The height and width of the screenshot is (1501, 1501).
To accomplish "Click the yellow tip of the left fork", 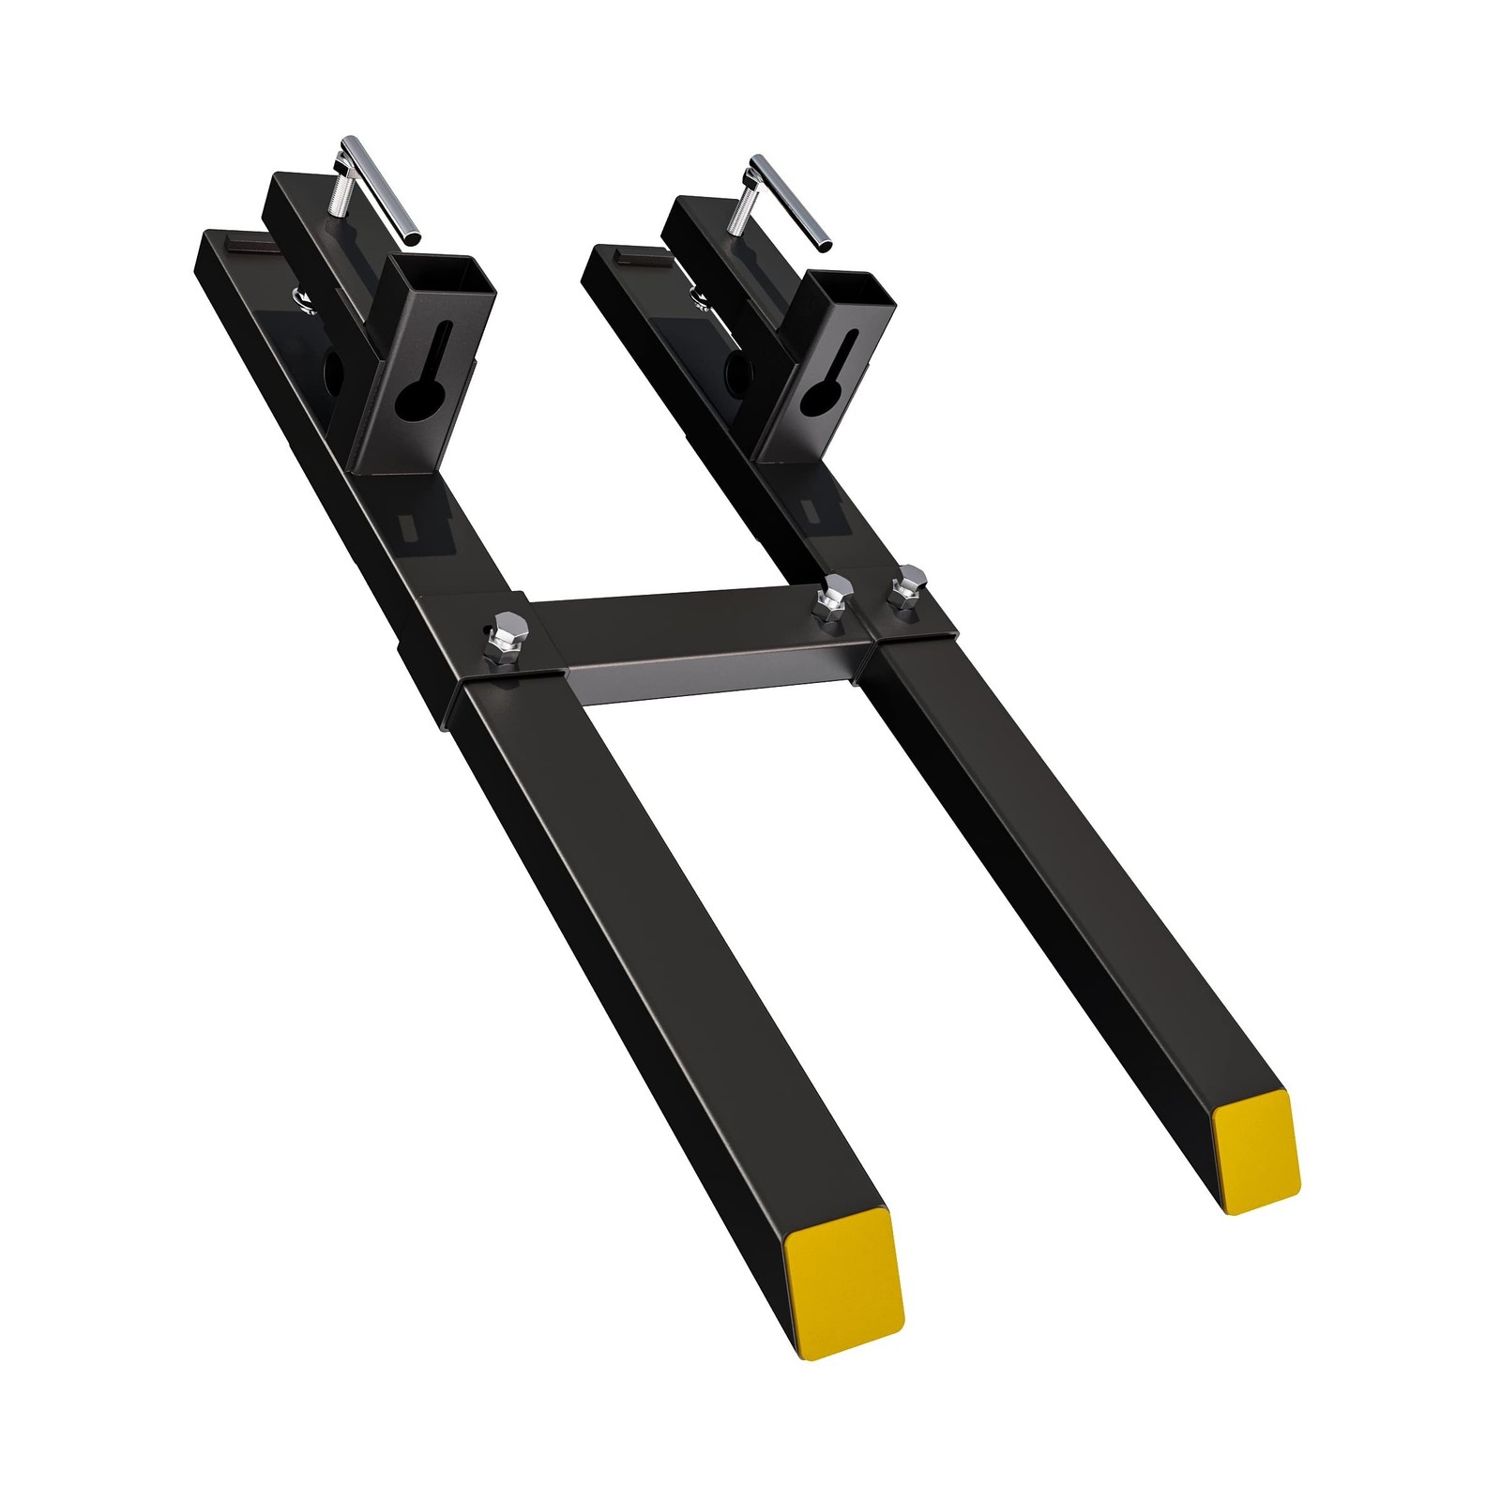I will tap(841, 1281).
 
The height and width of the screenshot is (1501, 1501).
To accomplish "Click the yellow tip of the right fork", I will tap(1255, 1152).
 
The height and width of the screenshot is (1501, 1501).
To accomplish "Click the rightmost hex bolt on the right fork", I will tap(906, 587).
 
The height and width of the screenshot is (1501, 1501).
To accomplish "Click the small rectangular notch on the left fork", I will tap(411, 528).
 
